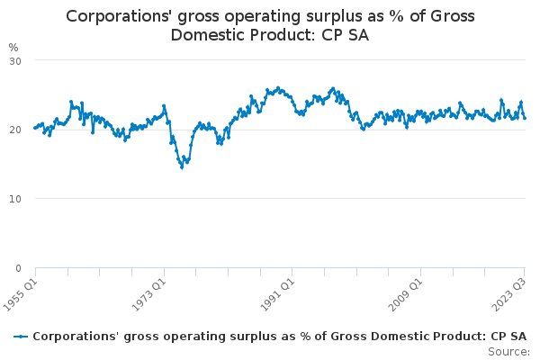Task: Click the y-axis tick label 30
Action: click(14, 60)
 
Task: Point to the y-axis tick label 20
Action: click(14, 130)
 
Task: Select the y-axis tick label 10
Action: click(14, 199)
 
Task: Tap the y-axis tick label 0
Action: click(17, 268)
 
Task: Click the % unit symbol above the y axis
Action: click(13, 47)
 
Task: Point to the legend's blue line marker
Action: click(22, 337)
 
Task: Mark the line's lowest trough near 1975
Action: click(182, 167)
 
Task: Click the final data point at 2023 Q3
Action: click(525, 118)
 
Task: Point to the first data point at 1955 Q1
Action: click(35, 128)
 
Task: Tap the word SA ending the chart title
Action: click(356, 35)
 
